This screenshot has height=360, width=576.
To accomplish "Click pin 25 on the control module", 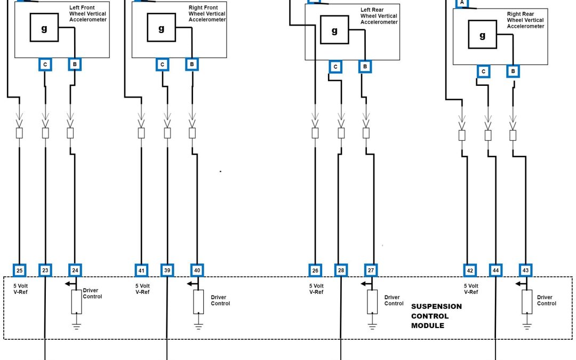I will [x=19, y=270].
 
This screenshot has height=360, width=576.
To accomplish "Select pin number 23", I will [x=45, y=270].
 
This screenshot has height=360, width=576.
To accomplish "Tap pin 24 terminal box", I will [x=75, y=270].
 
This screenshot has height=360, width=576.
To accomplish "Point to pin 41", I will [x=141, y=270].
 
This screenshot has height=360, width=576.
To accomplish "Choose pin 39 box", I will [x=167, y=270].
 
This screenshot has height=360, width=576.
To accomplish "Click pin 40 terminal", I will [x=197, y=270].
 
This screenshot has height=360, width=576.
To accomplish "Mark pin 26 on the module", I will [x=315, y=270].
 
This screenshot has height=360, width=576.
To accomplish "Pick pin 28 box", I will [x=341, y=270].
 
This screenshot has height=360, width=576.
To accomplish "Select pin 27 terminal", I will [x=371, y=270].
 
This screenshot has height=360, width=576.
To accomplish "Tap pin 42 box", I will [x=470, y=270].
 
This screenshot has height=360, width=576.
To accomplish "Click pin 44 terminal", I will [x=496, y=270].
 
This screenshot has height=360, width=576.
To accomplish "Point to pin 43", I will [x=526, y=270].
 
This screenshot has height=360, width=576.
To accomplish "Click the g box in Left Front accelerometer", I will [x=44, y=29].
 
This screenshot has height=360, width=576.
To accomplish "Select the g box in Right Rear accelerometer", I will [x=483, y=36].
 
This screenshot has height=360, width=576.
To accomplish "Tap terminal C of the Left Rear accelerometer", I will [x=335, y=67].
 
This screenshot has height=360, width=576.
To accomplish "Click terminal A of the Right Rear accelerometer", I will [x=462, y=3].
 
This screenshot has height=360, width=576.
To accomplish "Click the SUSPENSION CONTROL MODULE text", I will [x=436, y=316].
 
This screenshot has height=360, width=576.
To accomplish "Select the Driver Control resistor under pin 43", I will [x=527, y=301].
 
